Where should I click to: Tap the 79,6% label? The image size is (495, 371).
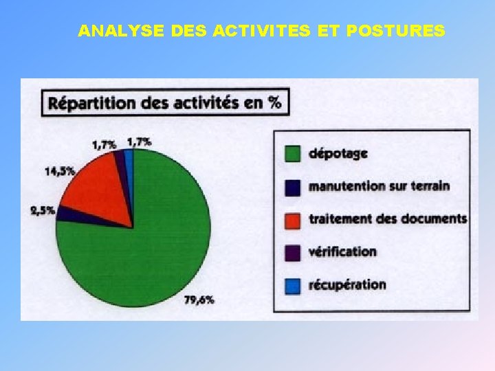pyautogui.click(x=199, y=299)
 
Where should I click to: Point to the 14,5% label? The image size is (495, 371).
pyautogui.click(x=60, y=171)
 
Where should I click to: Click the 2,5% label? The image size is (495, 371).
pyautogui.click(x=43, y=212)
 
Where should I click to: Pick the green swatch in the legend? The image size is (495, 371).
pyautogui.click(x=294, y=153)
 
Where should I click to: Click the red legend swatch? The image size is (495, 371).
pyautogui.click(x=294, y=219)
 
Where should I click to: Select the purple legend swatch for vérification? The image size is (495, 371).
pyautogui.click(x=294, y=252)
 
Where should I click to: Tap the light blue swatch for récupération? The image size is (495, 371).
pyautogui.click(x=294, y=285)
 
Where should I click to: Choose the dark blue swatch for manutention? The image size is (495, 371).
pyautogui.click(x=294, y=186)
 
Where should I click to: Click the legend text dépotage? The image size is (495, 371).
pyautogui.click(x=338, y=153)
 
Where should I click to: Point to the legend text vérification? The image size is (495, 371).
pyautogui.click(x=343, y=251)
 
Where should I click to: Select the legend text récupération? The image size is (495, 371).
pyautogui.click(x=348, y=284)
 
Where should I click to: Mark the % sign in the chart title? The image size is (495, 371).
pyautogui.click(x=276, y=103)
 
